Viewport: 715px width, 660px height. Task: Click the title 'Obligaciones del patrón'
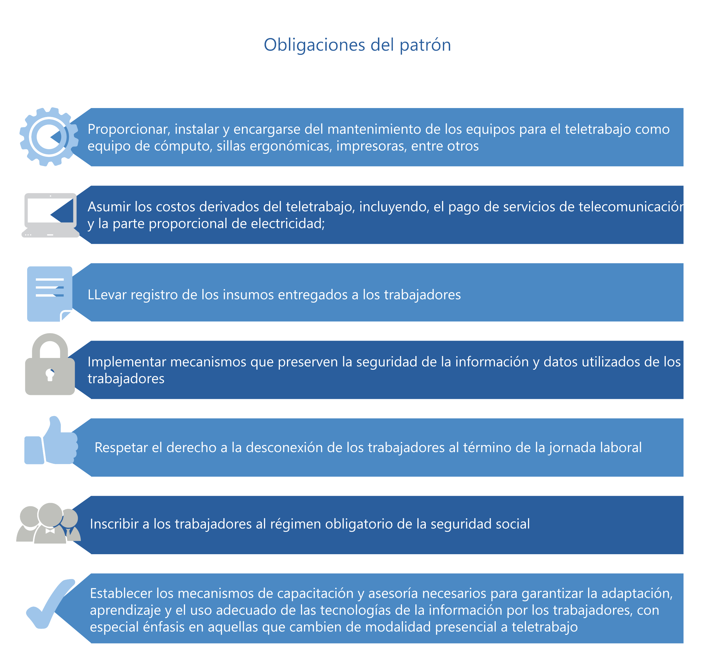(x=357, y=45)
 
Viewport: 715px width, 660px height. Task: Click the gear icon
(x=49, y=137)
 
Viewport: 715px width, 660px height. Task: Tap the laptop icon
(x=50, y=215)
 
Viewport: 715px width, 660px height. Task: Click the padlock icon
(x=50, y=364)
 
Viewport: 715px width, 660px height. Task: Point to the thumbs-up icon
(x=51, y=440)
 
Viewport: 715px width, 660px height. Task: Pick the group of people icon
(x=48, y=523)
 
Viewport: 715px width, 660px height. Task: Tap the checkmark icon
(x=51, y=603)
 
